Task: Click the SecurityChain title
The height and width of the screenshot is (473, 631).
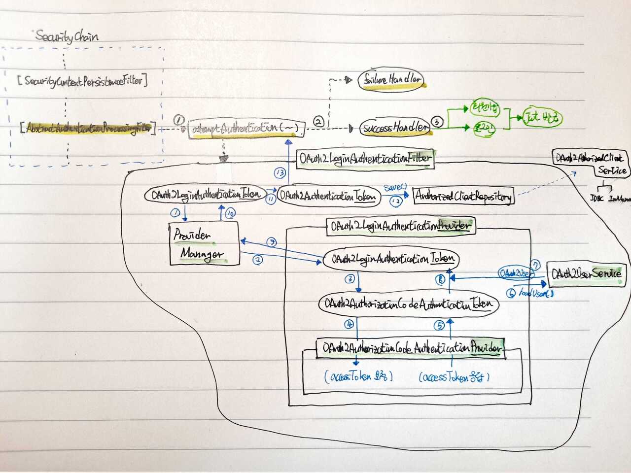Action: [x=67, y=36]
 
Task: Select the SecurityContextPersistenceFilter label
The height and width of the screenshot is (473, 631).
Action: [x=83, y=81]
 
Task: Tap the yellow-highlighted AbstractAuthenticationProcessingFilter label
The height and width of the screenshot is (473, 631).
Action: [x=88, y=129]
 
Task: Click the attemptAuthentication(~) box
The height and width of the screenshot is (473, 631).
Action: [x=245, y=129]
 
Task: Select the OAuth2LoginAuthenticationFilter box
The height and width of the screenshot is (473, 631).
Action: [x=365, y=159]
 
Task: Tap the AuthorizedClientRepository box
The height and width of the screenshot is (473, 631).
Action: [x=462, y=196]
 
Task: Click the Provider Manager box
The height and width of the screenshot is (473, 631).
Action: [x=204, y=244]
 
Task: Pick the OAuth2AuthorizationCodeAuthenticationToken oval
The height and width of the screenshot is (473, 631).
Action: [x=408, y=304]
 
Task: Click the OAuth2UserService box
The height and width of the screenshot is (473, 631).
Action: [x=587, y=273]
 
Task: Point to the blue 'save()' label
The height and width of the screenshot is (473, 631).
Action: [x=395, y=188]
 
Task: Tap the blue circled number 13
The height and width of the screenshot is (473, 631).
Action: [x=280, y=173]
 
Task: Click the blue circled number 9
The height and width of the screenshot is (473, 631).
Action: [x=271, y=242]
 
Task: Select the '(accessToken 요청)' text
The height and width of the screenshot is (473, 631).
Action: [x=358, y=377]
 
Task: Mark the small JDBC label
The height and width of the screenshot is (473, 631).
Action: [x=596, y=199]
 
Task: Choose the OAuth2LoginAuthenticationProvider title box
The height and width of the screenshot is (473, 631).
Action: [x=401, y=226]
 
